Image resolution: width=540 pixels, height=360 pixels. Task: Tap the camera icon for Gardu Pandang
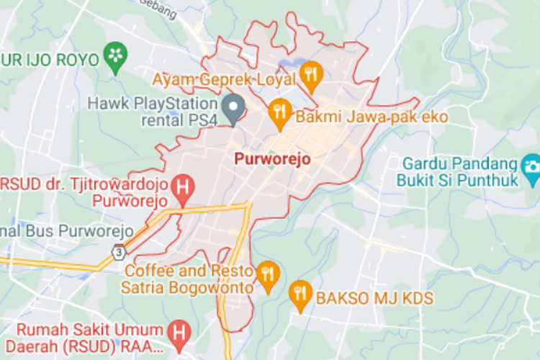pyautogui.click(x=531, y=165)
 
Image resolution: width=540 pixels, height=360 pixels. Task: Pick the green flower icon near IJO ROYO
pyautogui.click(x=115, y=56)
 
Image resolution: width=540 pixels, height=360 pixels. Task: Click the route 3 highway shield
pyautogui.click(x=117, y=252)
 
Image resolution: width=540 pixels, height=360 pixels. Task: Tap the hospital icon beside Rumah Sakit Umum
pyautogui.click(x=177, y=333)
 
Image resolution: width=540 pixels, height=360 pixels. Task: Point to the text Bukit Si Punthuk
pyautogui.click(x=457, y=180)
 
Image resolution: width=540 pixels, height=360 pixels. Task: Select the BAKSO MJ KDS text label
pyautogui.click(x=374, y=297)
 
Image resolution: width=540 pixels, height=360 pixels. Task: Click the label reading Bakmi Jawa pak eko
pyautogui.click(x=372, y=117)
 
